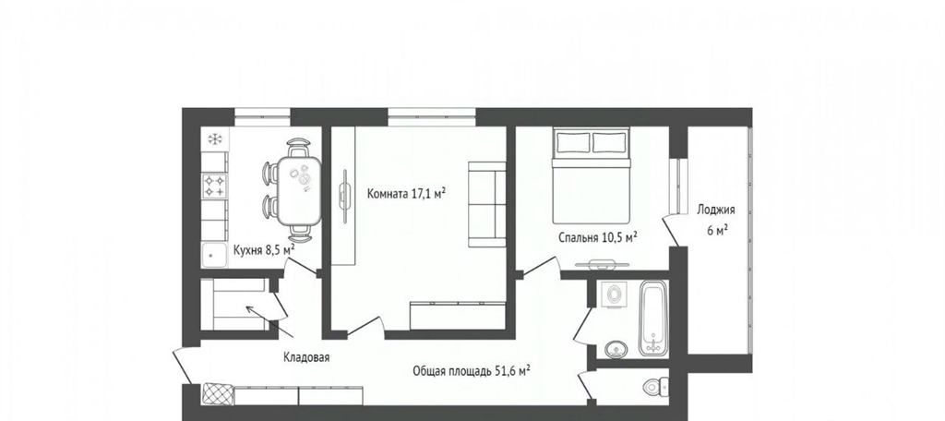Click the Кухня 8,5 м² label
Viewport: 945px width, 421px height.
(264, 249)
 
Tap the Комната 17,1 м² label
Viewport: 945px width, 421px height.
(407, 194)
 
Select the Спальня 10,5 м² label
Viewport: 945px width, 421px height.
(598, 238)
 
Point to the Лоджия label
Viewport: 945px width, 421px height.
(716, 210)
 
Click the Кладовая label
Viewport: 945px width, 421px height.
(306, 357)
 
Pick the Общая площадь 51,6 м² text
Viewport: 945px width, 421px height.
(472, 371)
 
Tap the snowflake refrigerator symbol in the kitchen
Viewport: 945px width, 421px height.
(215, 139)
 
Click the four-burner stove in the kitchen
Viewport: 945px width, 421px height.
(214, 186)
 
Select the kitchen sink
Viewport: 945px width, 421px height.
(214, 255)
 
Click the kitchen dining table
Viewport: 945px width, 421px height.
(299, 190)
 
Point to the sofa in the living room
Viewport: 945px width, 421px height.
(487, 204)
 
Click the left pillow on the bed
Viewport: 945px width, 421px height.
(573, 142)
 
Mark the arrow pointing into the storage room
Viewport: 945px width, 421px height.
(269, 320)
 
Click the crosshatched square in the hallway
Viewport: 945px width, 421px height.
(218, 394)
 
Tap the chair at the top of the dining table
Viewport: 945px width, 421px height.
(299, 148)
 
